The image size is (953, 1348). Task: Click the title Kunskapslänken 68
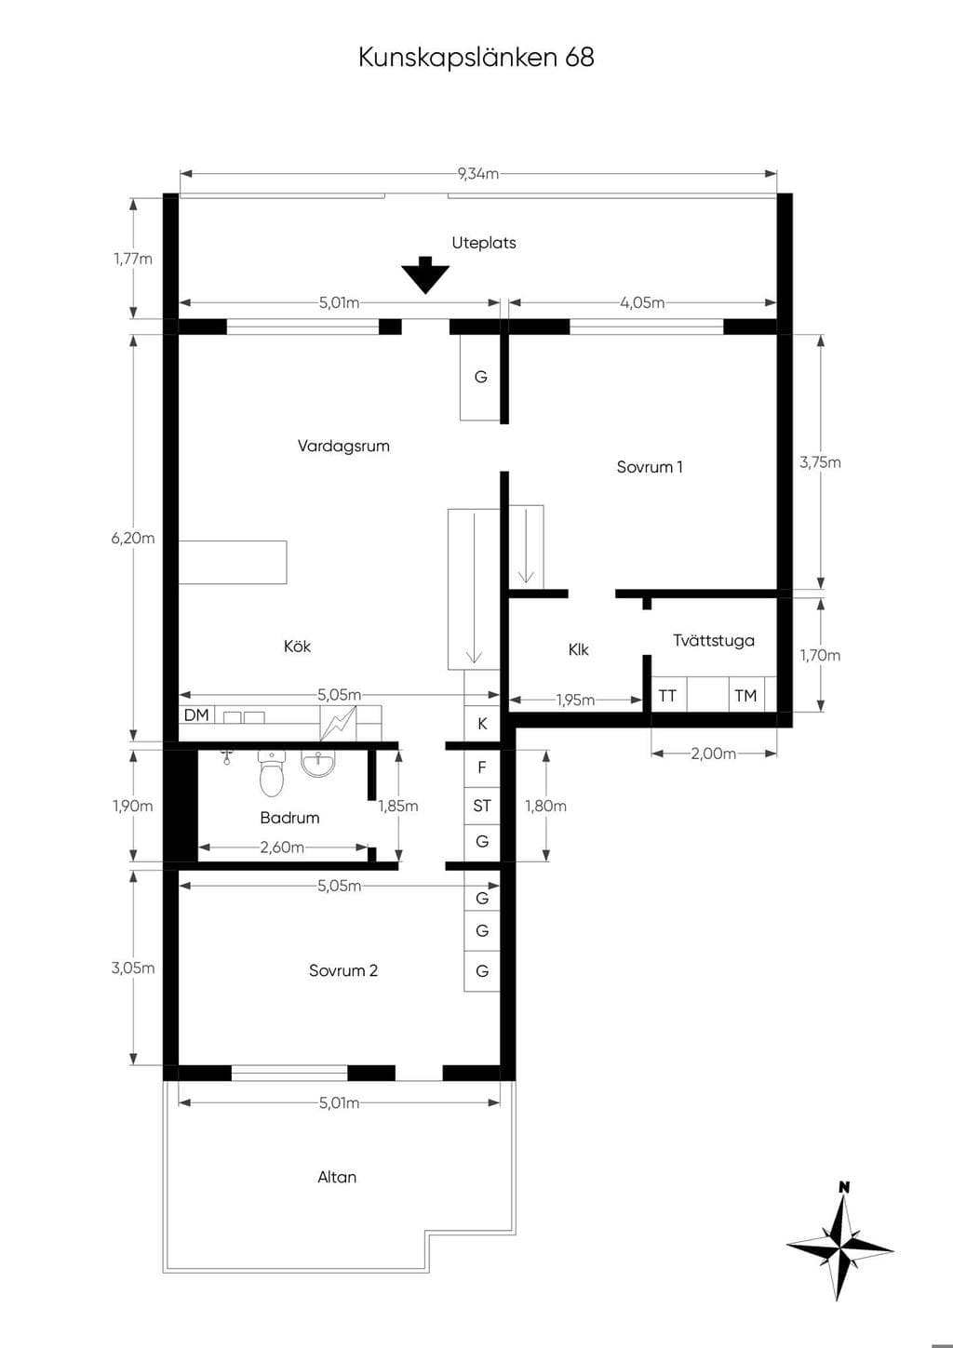pos(476,57)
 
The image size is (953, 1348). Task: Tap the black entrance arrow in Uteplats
pos(425,275)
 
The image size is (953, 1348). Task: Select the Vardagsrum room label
pos(343,446)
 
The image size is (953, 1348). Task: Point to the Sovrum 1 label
pos(650,467)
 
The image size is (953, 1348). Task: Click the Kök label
pos(298,647)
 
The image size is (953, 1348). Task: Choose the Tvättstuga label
pos(714,640)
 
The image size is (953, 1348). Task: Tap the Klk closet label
pos(579,649)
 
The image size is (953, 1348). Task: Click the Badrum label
pos(289,817)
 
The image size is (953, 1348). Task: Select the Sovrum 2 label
pos(343,970)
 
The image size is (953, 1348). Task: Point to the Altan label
pos(337,1177)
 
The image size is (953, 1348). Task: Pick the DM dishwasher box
pos(197,714)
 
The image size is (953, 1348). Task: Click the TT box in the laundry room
pos(667,696)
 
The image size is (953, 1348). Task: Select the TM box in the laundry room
pos(745,696)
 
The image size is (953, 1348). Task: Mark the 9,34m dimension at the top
pos(478,174)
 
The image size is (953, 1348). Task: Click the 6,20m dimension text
pos(133,538)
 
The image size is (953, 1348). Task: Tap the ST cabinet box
pos(481,806)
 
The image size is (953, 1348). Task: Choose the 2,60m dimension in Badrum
pos(282,848)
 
